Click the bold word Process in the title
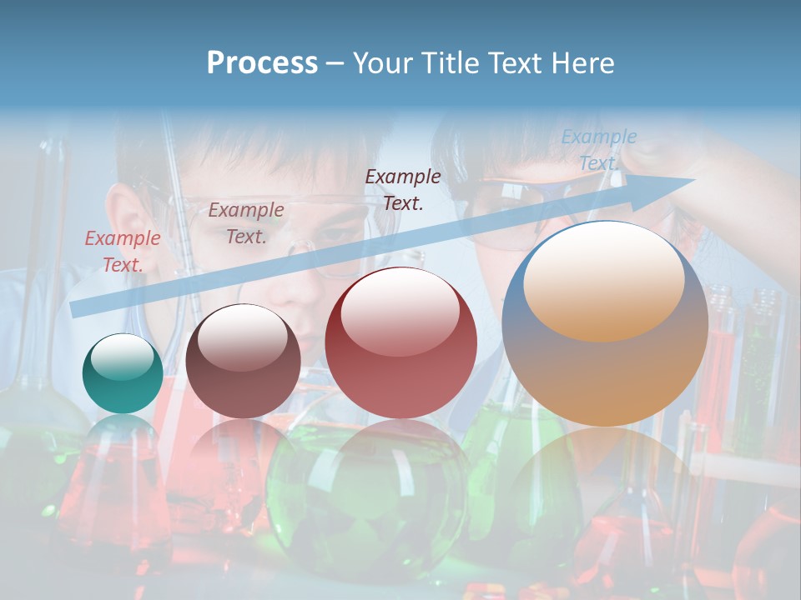click(262, 63)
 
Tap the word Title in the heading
click(449, 63)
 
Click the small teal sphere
click(123, 373)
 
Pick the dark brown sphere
click(243, 362)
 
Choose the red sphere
click(400, 343)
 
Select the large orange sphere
click(605, 323)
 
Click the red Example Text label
click(123, 252)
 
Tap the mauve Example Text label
click(246, 223)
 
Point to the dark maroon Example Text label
click(403, 189)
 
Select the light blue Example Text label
click(599, 150)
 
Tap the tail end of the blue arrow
click(77, 309)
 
